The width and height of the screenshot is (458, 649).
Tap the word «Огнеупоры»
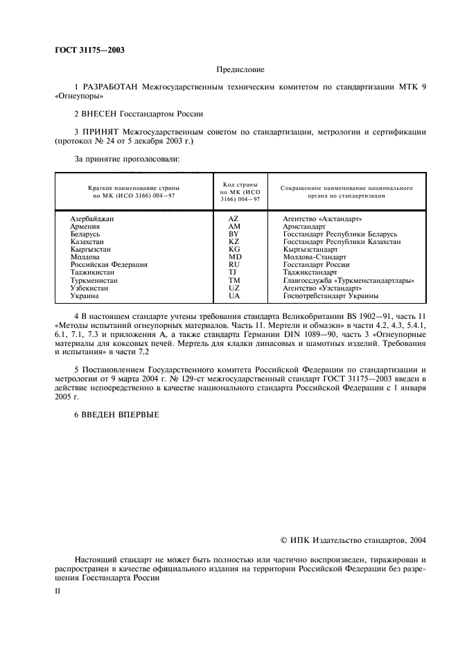click(76, 97)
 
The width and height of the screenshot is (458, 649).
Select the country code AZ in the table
click(234, 219)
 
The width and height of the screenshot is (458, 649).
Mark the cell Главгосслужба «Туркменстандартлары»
click(349, 281)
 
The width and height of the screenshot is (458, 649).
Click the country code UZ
click(234, 288)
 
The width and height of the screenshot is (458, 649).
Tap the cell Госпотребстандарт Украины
click(331, 296)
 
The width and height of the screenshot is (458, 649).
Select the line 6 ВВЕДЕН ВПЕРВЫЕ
click(116, 415)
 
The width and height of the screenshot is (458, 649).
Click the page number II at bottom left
click(58, 594)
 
